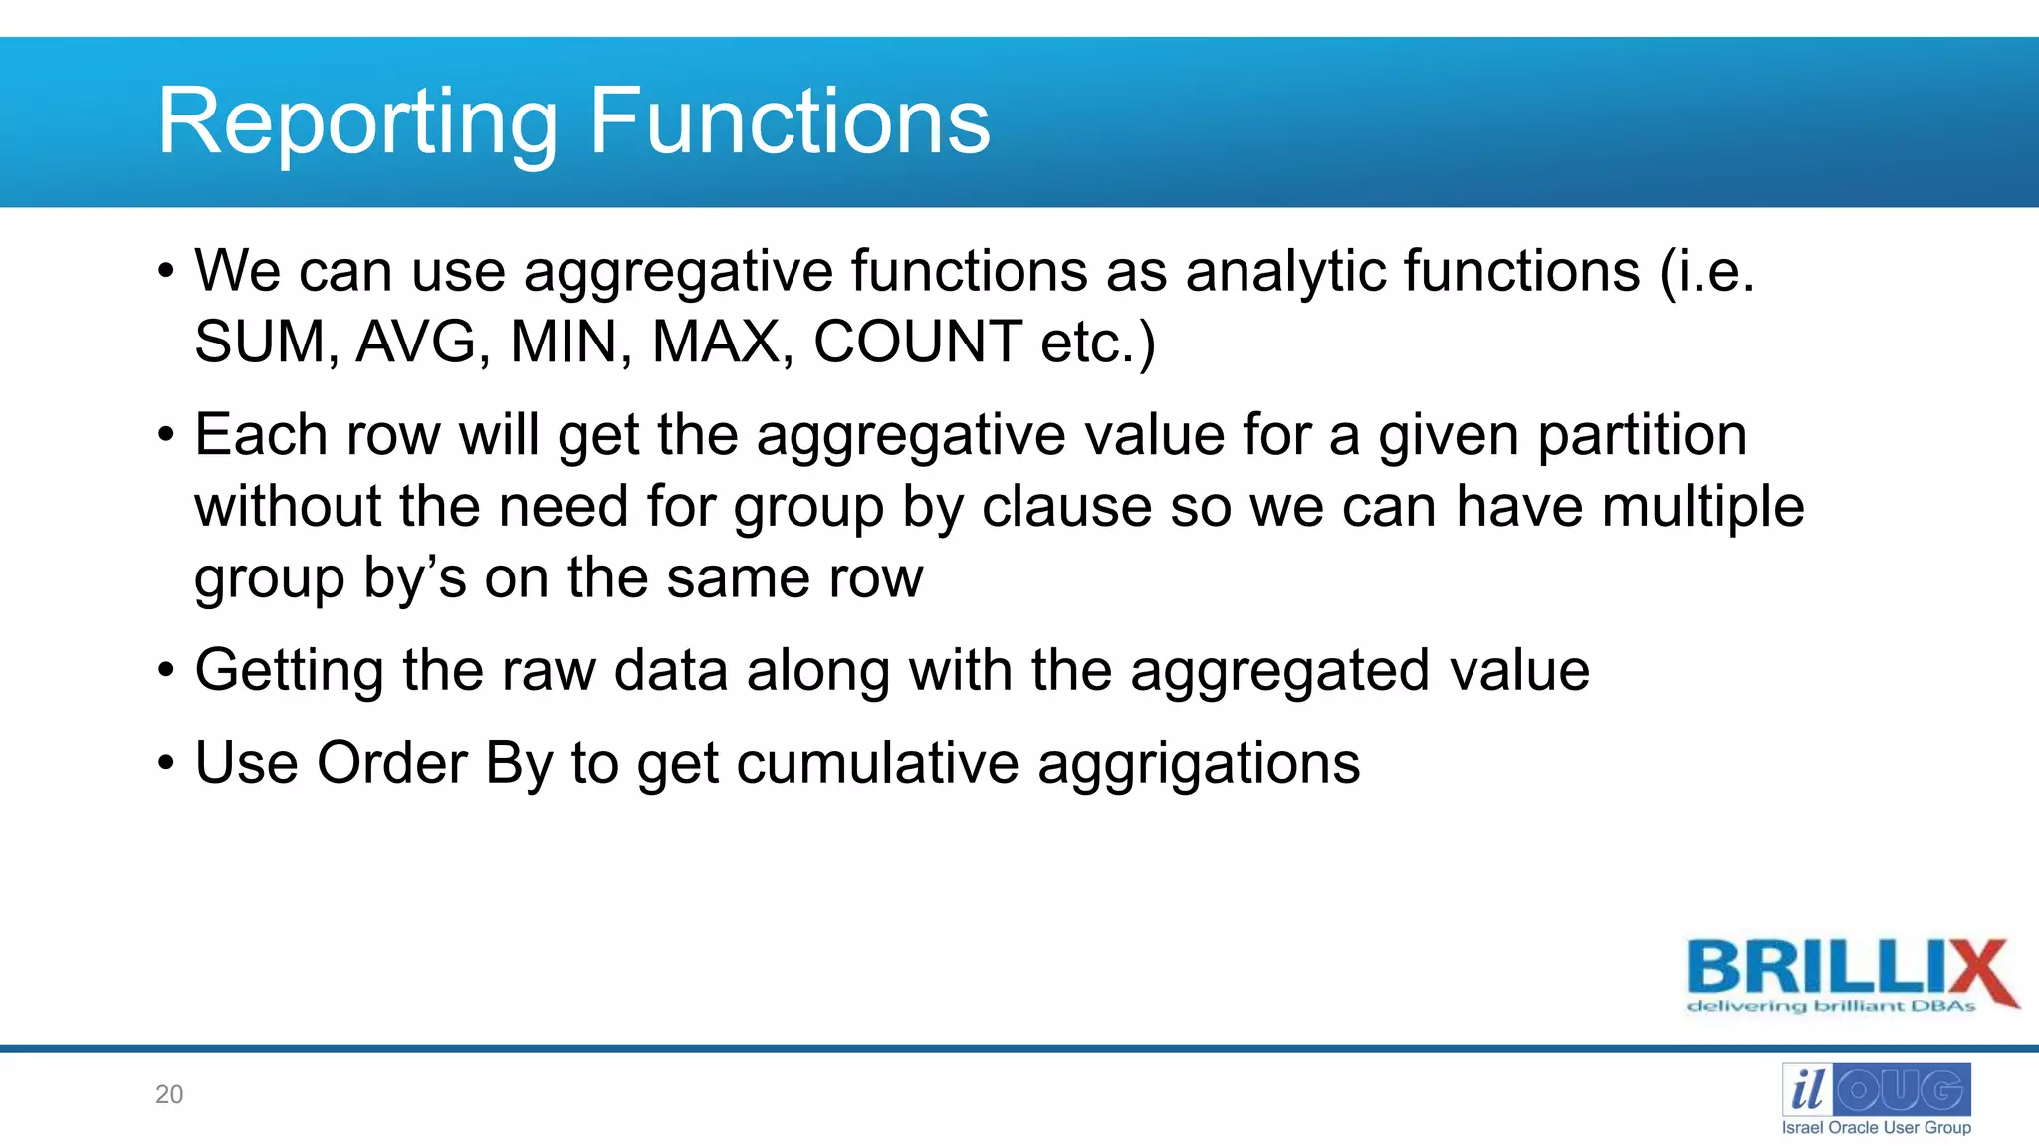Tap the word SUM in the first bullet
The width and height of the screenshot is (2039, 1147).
point(260,343)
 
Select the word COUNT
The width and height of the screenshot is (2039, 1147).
point(917,343)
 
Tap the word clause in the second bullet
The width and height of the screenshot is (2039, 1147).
point(1066,507)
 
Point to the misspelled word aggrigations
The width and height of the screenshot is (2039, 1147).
point(1198,765)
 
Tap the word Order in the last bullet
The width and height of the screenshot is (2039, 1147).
point(391,764)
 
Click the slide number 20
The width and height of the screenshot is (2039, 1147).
point(169,1094)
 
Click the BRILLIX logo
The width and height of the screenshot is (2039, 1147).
point(1850,968)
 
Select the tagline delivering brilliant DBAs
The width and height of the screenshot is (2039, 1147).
point(1830,1007)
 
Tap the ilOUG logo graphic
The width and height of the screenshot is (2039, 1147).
point(1876,1090)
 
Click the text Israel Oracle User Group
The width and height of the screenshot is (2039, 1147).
point(1876,1128)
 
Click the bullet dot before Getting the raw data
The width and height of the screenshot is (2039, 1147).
point(166,671)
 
